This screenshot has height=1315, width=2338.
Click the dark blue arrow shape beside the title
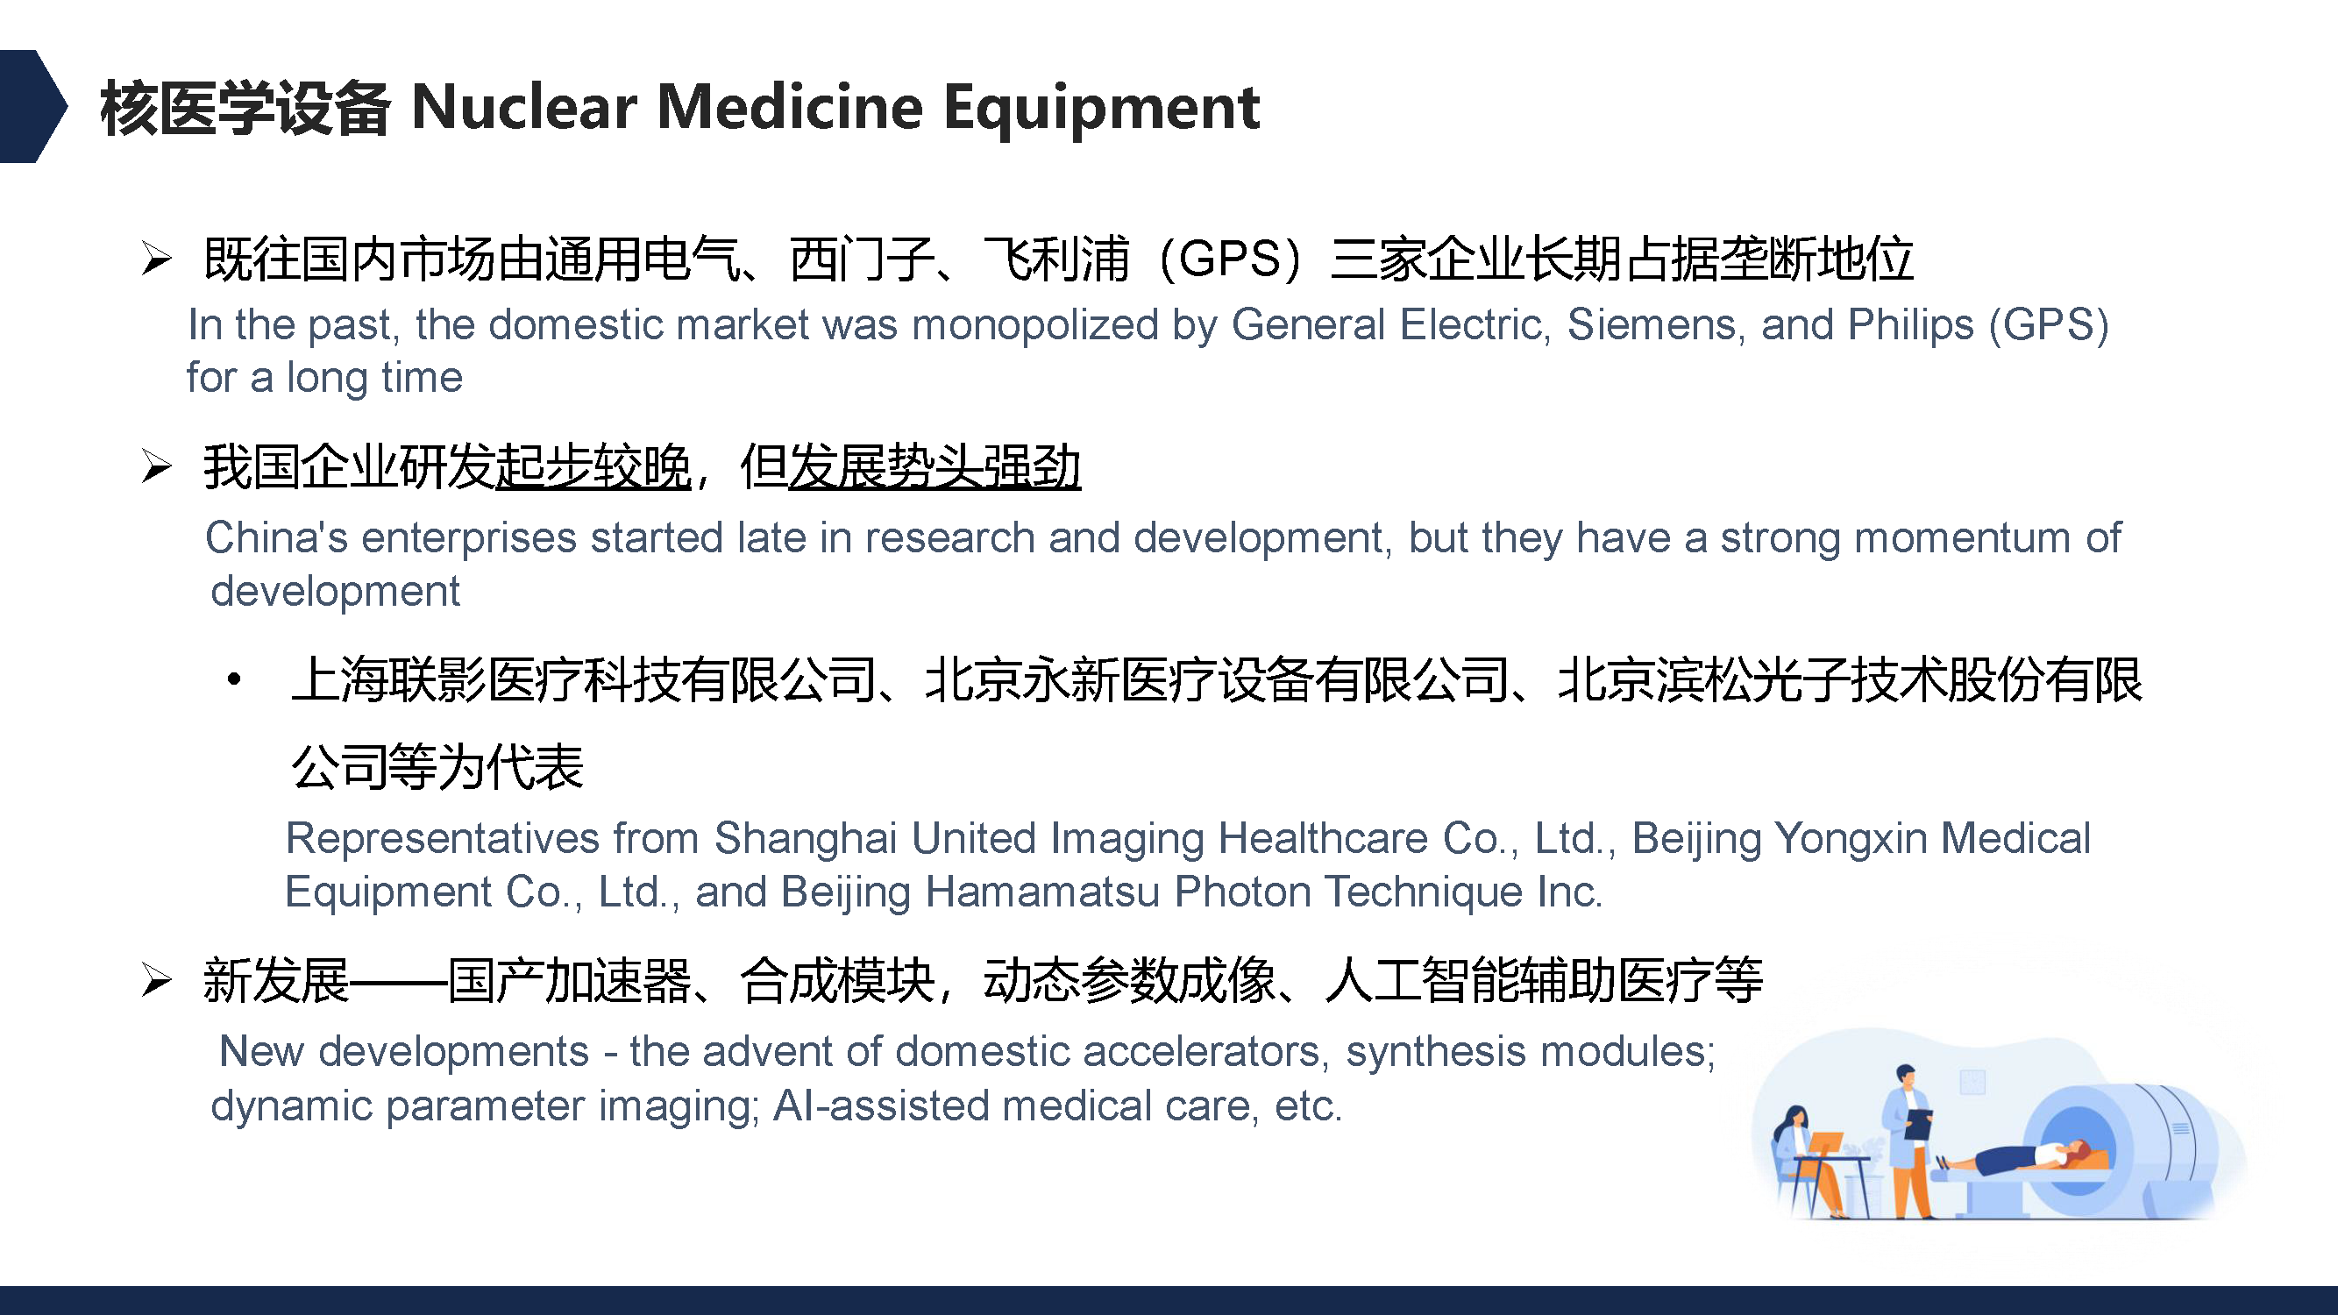(x=32, y=106)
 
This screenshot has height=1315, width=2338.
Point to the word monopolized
(x=1035, y=326)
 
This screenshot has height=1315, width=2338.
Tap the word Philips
(x=1910, y=326)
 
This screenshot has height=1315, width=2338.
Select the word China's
(x=277, y=537)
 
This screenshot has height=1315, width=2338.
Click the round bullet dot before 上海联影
(x=234, y=679)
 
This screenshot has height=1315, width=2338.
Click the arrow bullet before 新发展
(x=156, y=980)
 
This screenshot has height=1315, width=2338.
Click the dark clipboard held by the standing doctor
(x=1918, y=1124)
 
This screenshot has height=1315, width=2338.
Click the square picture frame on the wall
(x=1972, y=1082)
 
